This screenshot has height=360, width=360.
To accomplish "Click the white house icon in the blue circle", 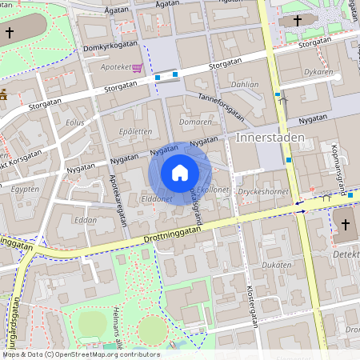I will [180, 172].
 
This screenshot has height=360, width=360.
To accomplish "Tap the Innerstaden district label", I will [270, 138].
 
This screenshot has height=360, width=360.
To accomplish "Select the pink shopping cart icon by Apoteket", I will [137, 68].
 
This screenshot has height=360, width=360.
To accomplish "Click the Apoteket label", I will [115, 68].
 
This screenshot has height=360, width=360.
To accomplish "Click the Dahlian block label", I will [244, 83].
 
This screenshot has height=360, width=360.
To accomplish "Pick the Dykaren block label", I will [319, 72].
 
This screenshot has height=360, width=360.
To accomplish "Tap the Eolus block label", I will [75, 122].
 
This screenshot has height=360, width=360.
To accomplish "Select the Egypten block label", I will [25, 190].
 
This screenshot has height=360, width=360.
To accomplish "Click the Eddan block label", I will [85, 219].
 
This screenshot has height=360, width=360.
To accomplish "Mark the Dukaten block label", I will [277, 264].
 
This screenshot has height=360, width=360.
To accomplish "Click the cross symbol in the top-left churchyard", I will [9, 33].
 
